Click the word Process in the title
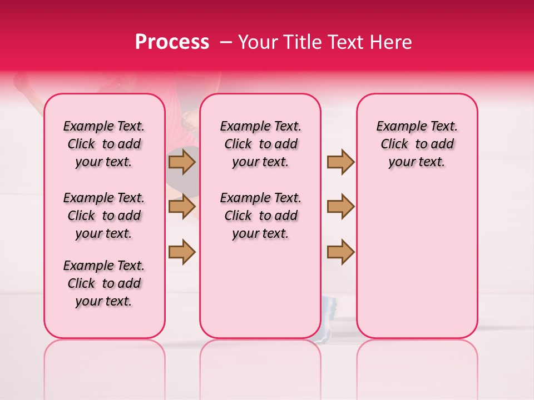(x=172, y=42)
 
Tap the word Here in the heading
(x=389, y=42)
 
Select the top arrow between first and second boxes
(x=182, y=162)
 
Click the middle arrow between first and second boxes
(x=182, y=207)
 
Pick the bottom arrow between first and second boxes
(x=182, y=251)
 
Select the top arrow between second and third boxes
(x=340, y=162)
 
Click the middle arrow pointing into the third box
(x=340, y=207)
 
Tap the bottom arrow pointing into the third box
(x=340, y=251)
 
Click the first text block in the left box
(x=104, y=144)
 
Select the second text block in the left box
(x=104, y=216)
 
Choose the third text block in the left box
(x=104, y=283)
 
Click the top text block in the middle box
(x=260, y=144)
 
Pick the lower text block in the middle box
(x=260, y=216)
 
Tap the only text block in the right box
(x=417, y=144)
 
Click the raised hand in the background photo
(x=22, y=83)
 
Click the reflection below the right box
(x=417, y=356)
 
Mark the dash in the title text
(x=225, y=43)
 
